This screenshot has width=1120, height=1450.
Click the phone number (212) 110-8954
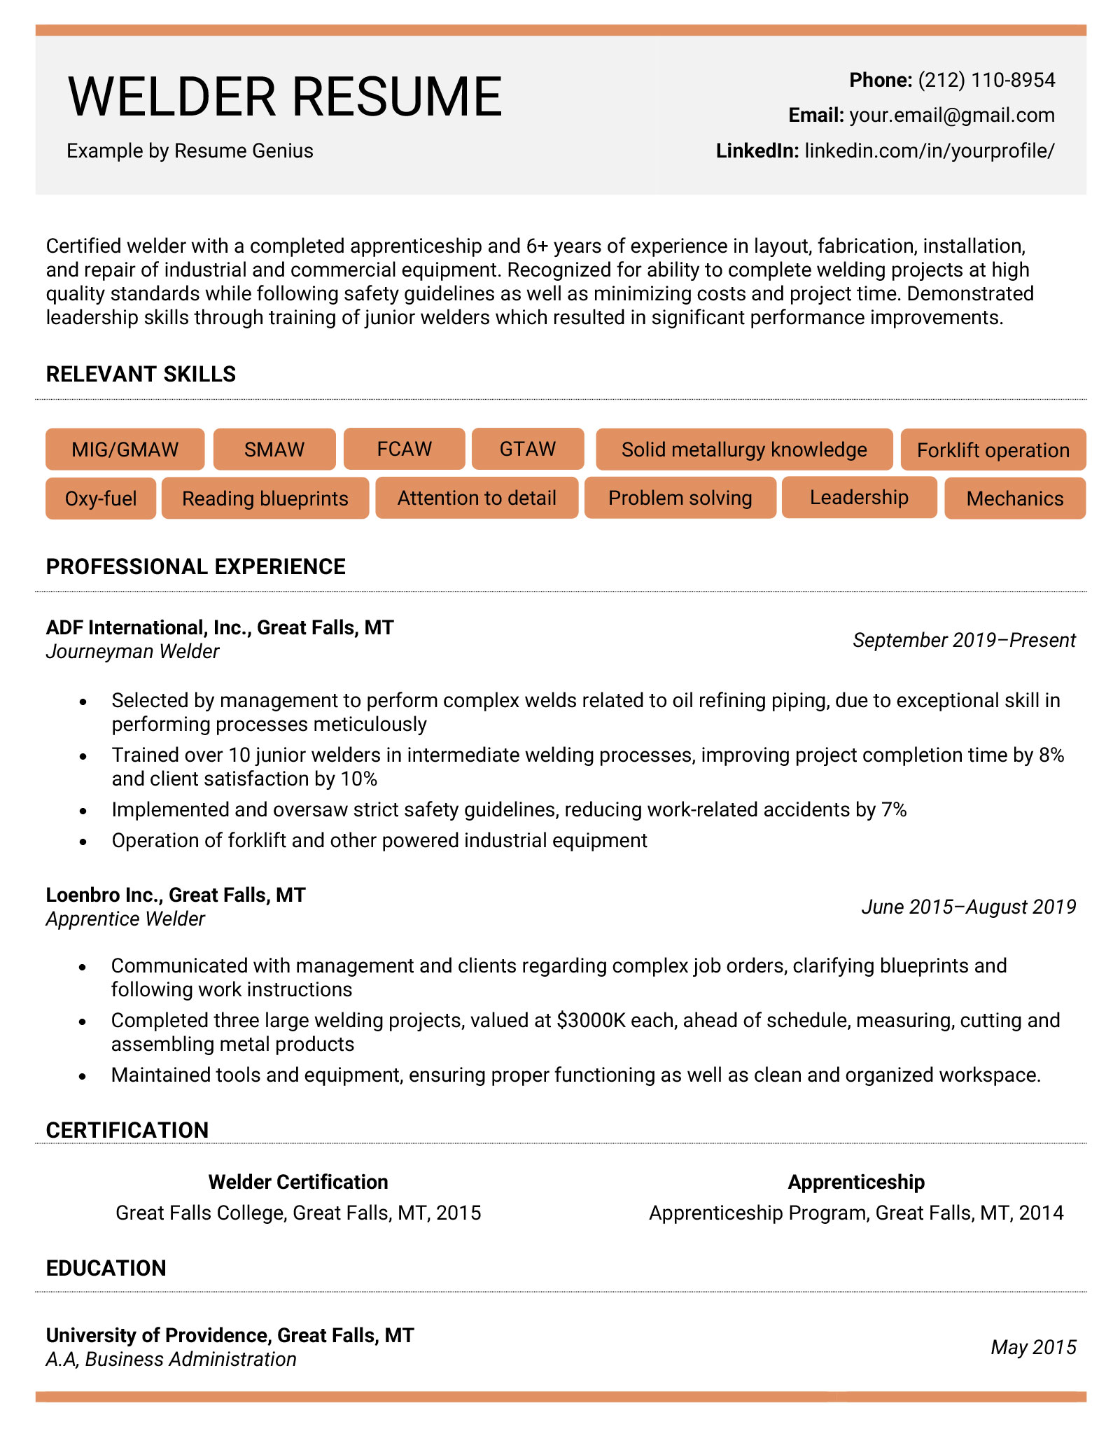(x=986, y=81)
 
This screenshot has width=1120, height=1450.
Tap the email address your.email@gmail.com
(x=951, y=116)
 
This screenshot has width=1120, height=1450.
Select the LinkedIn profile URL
(x=929, y=151)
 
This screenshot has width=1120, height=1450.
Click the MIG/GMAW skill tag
(x=125, y=449)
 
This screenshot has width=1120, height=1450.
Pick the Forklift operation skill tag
(x=993, y=450)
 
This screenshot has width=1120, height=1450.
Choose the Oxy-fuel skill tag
(x=101, y=499)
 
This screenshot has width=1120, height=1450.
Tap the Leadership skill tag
(x=859, y=498)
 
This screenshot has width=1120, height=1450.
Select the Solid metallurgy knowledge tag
(x=743, y=449)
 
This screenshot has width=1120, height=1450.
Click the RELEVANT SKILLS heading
(x=141, y=375)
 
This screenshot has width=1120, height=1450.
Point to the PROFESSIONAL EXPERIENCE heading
(x=195, y=566)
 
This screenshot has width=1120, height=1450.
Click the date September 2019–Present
(x=964, y=640)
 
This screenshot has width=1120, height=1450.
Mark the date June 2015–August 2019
(x=968, y=907)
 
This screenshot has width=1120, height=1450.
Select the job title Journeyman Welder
(x=132, y=652)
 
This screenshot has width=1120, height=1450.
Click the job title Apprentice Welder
(x=125, y=919)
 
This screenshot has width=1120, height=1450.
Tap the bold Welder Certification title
(x=298, y=1182)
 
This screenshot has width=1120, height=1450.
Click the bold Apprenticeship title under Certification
(x=855, y=1182)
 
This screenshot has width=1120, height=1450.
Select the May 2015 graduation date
(x=1033, y=1347)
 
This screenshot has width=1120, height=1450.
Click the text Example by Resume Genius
(x=190, y=151)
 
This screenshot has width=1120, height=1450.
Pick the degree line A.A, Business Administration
(x=171, y=1359)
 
